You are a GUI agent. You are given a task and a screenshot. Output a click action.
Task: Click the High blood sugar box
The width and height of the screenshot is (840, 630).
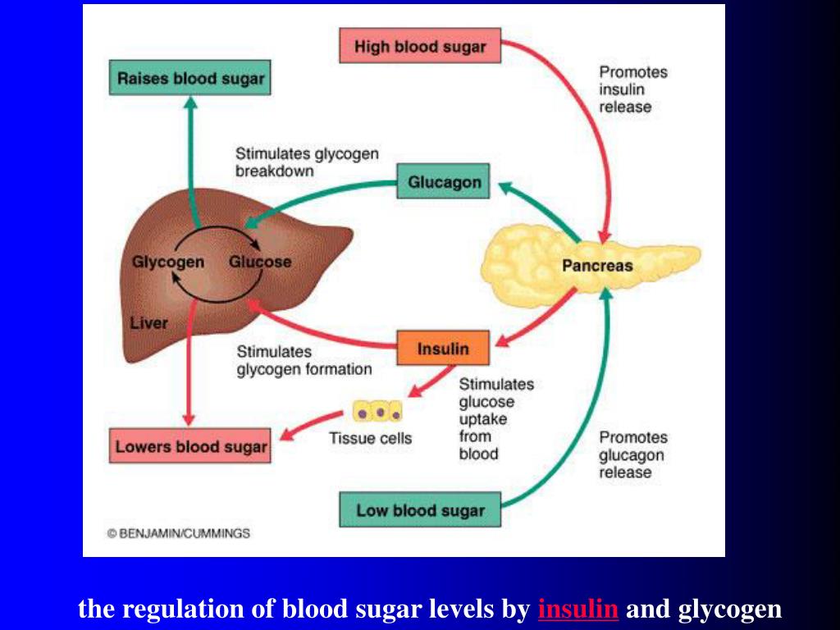click(419, 46)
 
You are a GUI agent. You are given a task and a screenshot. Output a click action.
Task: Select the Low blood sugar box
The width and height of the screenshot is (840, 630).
click(420, 510)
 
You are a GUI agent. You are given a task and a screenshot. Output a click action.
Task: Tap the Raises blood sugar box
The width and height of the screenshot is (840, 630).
click(190, 79)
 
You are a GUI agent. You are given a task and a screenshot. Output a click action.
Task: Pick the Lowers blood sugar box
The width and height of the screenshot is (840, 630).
click(190, 447)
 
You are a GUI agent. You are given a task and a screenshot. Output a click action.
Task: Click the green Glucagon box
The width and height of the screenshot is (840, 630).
click(443, 181)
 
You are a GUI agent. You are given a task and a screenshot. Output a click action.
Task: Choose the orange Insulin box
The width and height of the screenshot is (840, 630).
click(443, 349)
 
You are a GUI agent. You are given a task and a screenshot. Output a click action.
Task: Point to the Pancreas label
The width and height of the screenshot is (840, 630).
click(597, 265)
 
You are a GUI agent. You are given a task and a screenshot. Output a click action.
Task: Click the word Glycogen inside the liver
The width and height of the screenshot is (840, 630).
click(168, 262)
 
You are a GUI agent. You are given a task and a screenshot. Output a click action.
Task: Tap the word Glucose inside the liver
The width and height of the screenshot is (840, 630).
click(259, 262)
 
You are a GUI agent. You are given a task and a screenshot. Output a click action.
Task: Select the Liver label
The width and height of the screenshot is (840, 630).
click(148, 322)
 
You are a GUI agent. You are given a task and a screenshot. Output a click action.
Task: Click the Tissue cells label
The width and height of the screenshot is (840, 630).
click(371, 438)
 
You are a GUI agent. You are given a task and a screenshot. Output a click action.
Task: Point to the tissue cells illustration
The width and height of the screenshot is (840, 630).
click(377, 411)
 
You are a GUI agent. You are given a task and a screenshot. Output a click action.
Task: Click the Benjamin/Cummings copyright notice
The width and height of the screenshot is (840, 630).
click(179, 533)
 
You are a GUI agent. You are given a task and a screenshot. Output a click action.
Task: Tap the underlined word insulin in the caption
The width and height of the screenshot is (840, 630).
click(578, 609)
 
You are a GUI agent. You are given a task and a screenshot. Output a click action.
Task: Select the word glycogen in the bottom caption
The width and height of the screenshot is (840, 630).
click(730, 609)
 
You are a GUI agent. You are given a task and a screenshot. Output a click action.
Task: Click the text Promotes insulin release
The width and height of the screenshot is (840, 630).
click(632, 89)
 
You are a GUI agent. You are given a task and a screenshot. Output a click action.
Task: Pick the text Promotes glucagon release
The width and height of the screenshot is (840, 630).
click(632, 455)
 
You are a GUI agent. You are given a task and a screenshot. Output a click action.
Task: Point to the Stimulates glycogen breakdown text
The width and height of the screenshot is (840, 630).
click(307, 162)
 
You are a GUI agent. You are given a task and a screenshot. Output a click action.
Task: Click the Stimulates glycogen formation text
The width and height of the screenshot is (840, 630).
click(304, 361)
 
